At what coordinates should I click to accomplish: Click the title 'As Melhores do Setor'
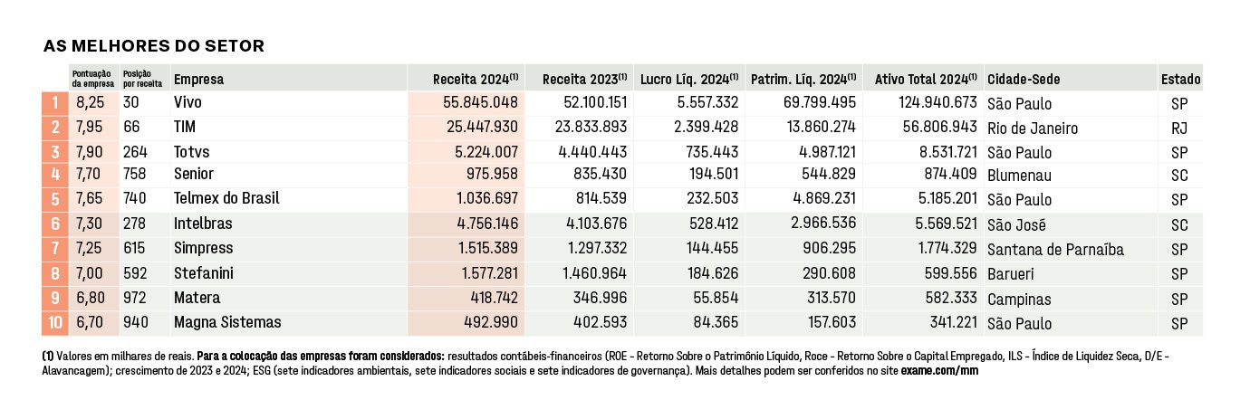click(x=153, y=45)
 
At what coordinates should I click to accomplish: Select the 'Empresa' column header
click(x=198, y=79)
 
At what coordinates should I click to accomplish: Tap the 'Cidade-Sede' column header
click(x=1024, y=79)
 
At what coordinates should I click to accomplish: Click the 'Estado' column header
click(x=1181, y=79)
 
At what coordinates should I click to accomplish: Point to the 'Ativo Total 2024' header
click(x=925, y=79)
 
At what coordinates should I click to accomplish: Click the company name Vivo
click(x=187, y=102)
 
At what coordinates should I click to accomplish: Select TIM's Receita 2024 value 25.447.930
click(x=482, y=127)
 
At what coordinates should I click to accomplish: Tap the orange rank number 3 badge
click(x=55, y=152)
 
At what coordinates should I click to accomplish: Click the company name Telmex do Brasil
click(x=226, y=198)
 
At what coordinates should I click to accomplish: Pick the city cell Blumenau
click(x=1019, y=176)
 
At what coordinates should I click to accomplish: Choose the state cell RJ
click(x=1179, y=129)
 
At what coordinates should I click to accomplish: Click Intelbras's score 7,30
click(x=90, y=224)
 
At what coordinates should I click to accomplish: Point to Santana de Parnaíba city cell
click(x=1055, y=250)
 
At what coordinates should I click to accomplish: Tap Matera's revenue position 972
click(x=135, y=298)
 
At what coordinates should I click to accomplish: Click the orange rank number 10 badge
click(x=55, y=322)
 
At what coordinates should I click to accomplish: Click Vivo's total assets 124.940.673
click(x=937, y=102)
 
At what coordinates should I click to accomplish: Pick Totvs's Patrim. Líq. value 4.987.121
click(x=827, y=151)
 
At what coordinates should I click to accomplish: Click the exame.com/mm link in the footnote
click(x=939, y=370)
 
